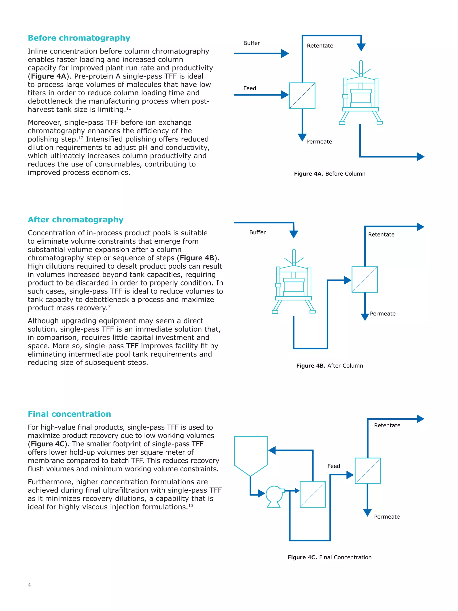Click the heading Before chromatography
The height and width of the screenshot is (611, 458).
tap(79, 38)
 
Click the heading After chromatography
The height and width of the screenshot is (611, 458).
tap(75, 220)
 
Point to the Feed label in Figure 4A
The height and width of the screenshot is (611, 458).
tap(249, 88)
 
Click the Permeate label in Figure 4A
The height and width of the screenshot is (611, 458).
tap(319, 142)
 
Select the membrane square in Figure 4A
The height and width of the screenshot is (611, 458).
tap(302, 96)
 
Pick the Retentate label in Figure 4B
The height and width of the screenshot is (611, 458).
tap(381, 234)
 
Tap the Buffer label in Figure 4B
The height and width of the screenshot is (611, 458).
tap(257, 232)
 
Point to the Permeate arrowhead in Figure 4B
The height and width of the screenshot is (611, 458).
tap(365, 317)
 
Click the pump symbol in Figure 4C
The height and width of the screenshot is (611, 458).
tap(274, 496)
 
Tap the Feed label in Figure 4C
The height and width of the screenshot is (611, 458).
tap(333, 466)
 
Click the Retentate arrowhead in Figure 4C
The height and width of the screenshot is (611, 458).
tap(420, 419)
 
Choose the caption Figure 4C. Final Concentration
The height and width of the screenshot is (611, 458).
tap(329, 557)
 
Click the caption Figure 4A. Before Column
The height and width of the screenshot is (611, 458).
tap(329, 174)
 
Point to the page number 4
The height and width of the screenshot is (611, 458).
tap(29, 585)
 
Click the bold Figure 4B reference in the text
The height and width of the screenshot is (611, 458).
tap(197, 258)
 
